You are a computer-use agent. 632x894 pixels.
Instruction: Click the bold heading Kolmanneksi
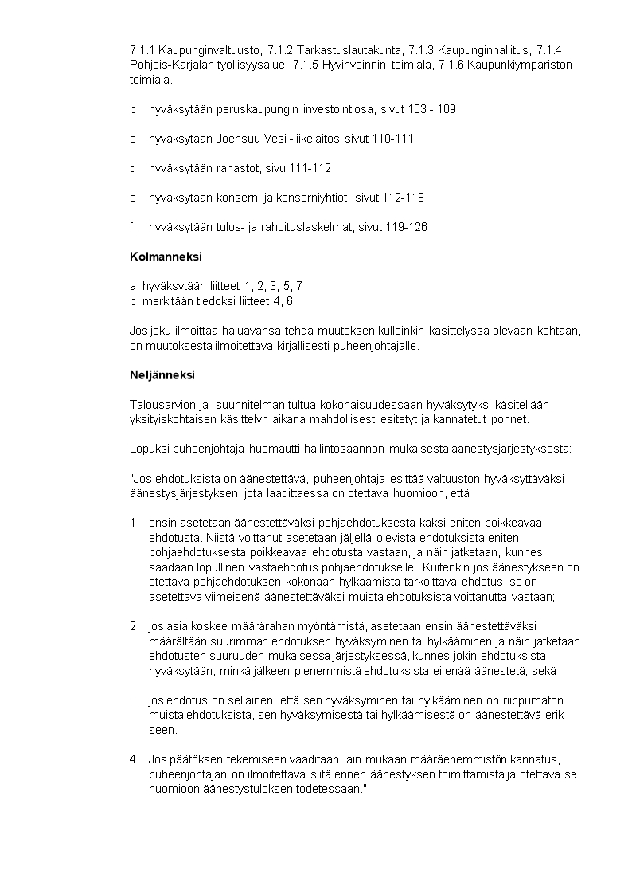pos(166,257)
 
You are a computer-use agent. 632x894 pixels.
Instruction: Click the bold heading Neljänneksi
pos(162,374)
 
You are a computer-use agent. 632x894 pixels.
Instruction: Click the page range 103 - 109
pos(430,108)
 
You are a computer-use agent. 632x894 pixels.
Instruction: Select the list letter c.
pos(133,138)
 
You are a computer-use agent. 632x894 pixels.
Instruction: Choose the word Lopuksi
pos(147,449)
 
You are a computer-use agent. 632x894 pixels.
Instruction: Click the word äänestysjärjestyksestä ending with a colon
pos(513,449)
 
